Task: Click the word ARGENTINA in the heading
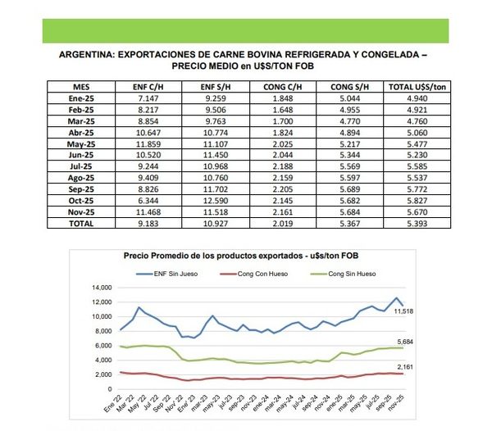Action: point(85,55)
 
